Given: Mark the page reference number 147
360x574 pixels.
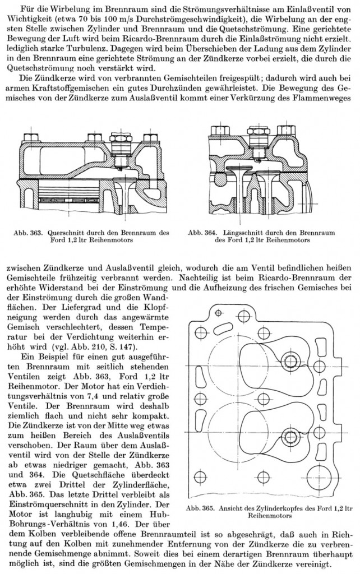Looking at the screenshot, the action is (128, 346).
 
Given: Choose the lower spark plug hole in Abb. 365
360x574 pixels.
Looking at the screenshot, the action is (290, 437).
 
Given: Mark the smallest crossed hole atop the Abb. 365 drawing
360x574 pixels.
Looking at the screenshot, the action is (219, 313).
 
